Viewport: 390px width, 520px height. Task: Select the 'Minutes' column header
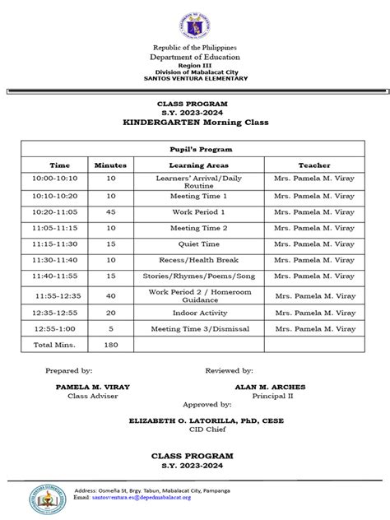[110, 165]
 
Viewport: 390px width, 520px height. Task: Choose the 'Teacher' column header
[314, 165]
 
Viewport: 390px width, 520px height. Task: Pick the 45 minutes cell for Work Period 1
[110, 212]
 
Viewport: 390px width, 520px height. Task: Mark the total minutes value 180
[110, 344]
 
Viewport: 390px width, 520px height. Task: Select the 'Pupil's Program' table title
[195, 149]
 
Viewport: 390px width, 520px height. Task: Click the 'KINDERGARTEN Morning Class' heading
[195, 123]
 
